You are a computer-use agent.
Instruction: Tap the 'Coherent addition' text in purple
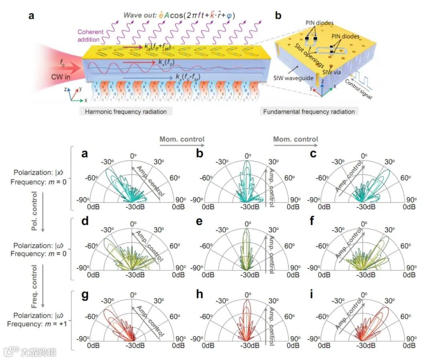pyautogui.click(x=90, y=36)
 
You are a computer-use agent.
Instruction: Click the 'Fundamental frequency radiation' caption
pyautogui.click(x=309, y=111)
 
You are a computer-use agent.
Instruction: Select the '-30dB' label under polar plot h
pyautogui.click(x=249, y=346)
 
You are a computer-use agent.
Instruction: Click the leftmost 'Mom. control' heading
pyautogui.click(x=182, y=139)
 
